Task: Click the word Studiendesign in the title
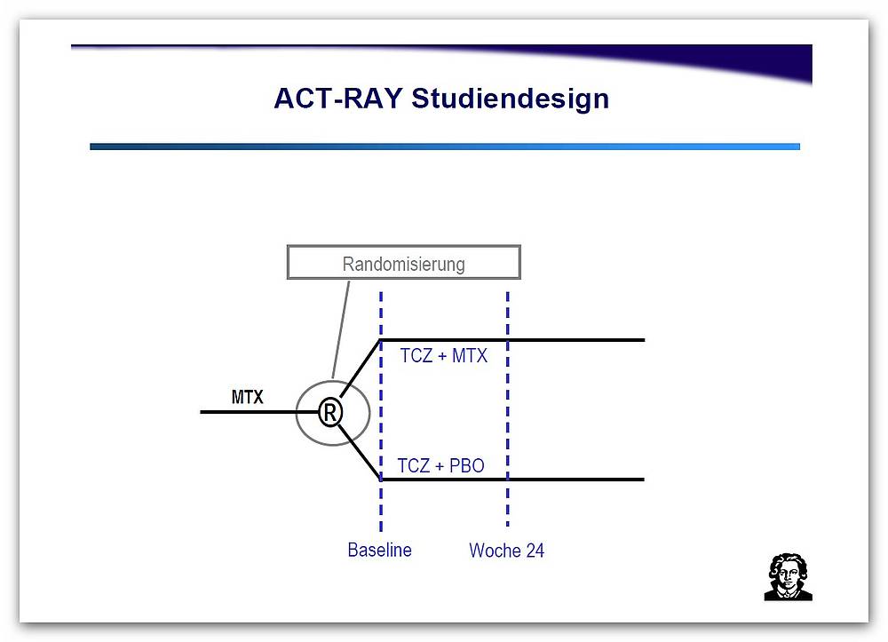point(511,99)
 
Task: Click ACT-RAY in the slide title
point(337,99)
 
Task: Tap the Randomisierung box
point(404,262)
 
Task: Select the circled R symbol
point(330,412)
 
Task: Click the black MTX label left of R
point(248,397)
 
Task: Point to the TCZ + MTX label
point(443,355)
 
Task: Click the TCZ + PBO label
point(440,465)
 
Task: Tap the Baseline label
point(379,550)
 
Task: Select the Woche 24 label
point(506,551)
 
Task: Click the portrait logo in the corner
point(788,577)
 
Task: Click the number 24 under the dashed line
point(535,551)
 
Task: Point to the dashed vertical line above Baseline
point(381,412)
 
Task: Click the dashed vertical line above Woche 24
point(507,409)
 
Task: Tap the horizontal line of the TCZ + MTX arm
point(512,340)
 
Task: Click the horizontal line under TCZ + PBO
point(512,480)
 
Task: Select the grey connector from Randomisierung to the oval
point(340,329)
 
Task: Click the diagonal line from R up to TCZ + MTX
point(361,368)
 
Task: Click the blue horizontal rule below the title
point(445,147)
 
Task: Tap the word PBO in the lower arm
point(467,465)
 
